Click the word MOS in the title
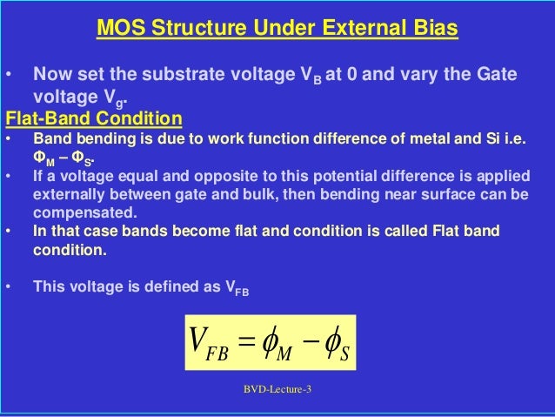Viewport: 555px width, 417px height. coord(118,30)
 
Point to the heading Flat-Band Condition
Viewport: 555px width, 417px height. coord(94,118)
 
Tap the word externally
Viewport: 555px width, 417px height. coord(68,194)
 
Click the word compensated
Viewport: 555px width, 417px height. coord(81,212)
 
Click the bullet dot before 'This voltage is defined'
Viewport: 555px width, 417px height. coord(8,282)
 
